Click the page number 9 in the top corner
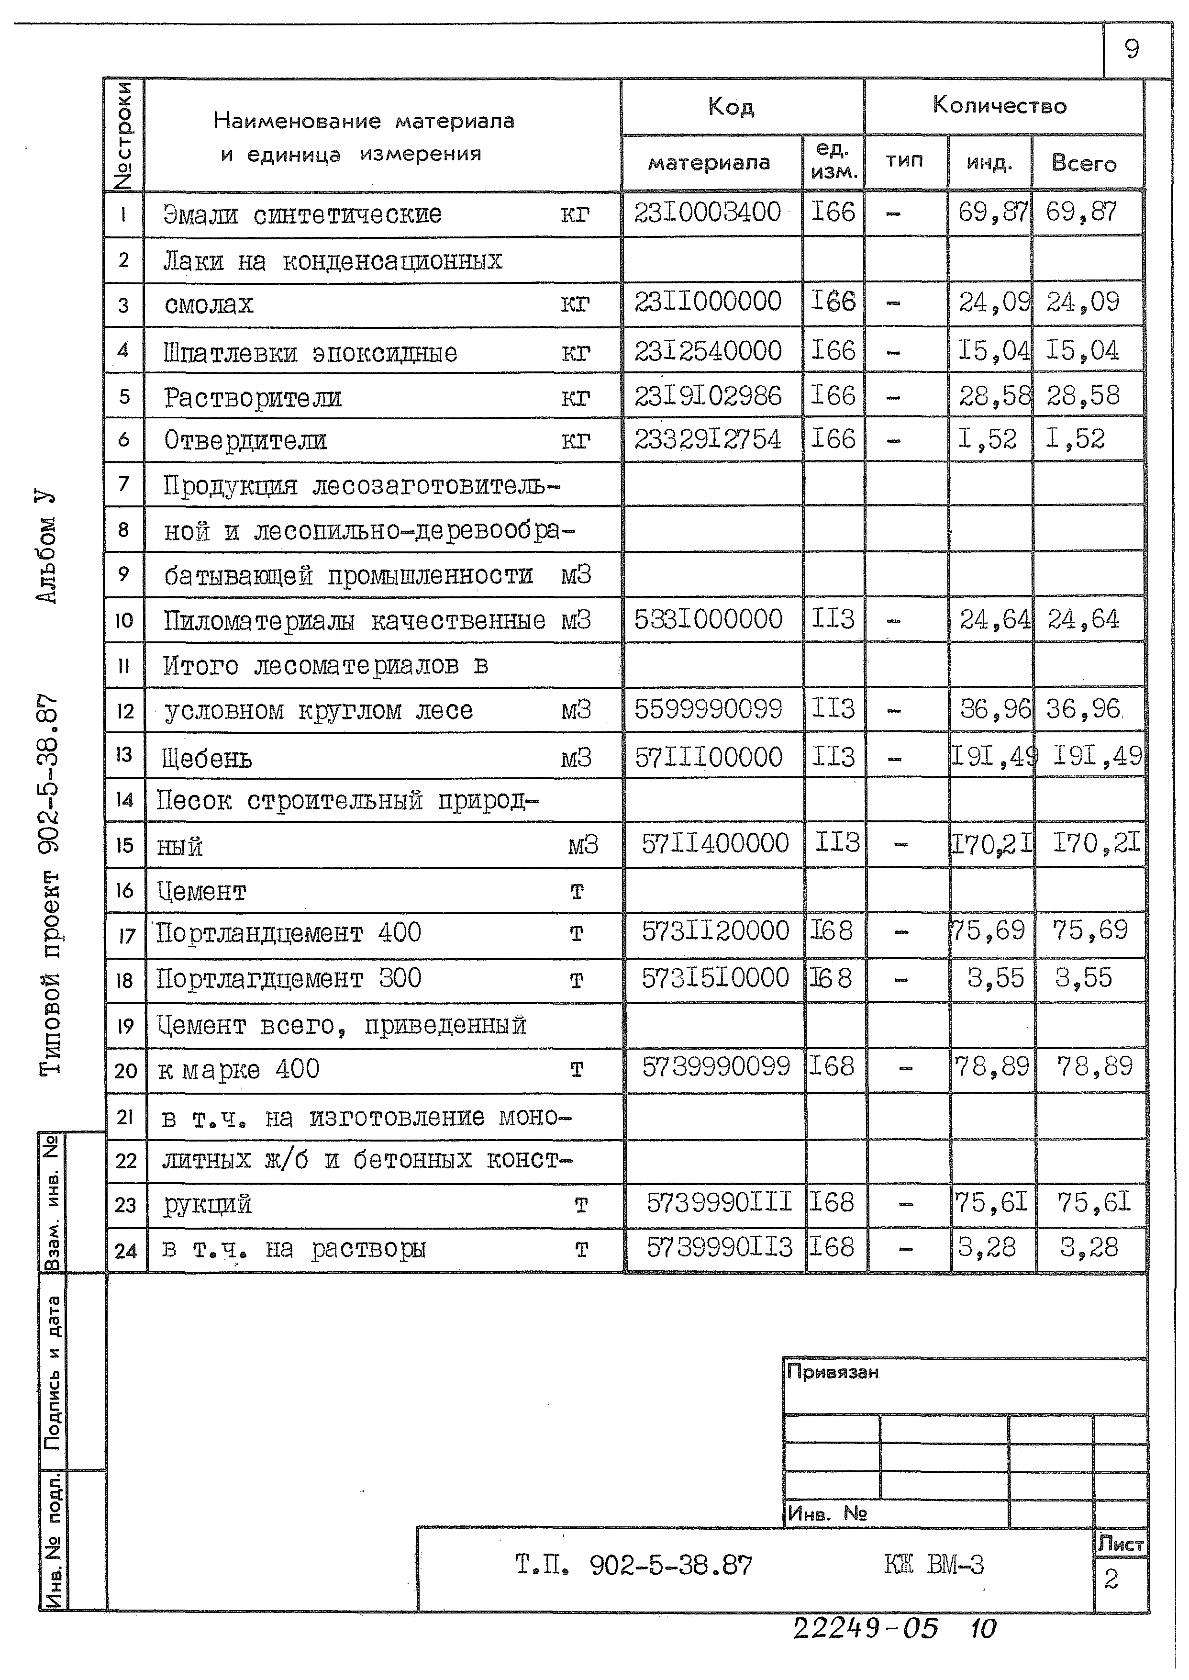click(1132, 49)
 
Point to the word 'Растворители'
click(253, 398)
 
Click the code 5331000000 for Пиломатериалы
click(708, 619)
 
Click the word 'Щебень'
click(207, 759)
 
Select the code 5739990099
click(716, 1067)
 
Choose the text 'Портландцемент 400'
click(289, 933)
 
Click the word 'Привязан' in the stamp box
click(833, 1372)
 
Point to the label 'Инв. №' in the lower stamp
click(827, 1513)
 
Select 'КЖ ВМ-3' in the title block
click(933, 1565)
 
